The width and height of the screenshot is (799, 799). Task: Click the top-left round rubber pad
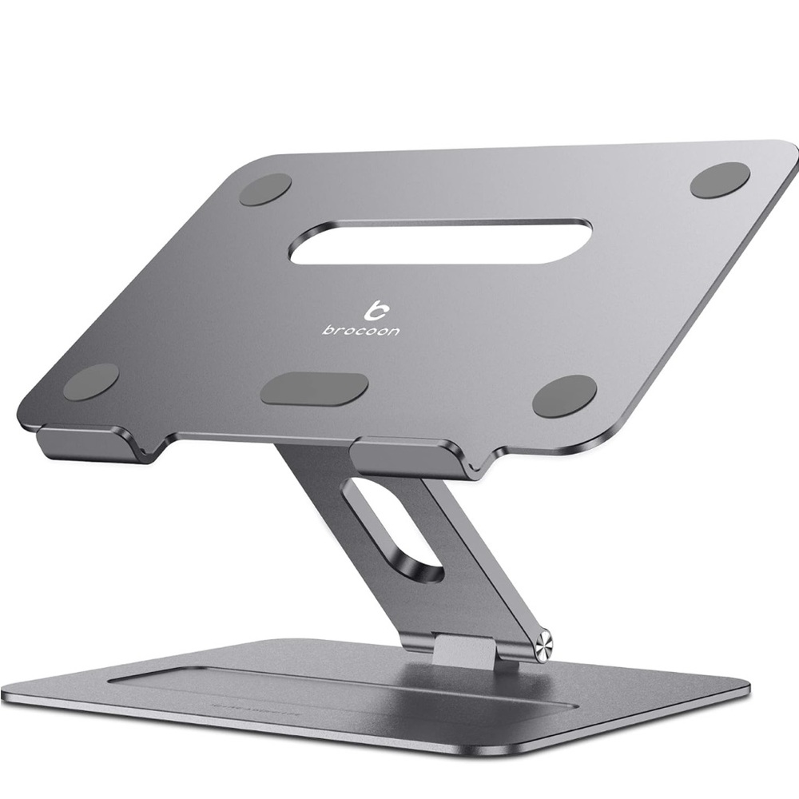pos(265,189)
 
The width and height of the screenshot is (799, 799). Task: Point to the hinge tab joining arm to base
pos(467,647)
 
